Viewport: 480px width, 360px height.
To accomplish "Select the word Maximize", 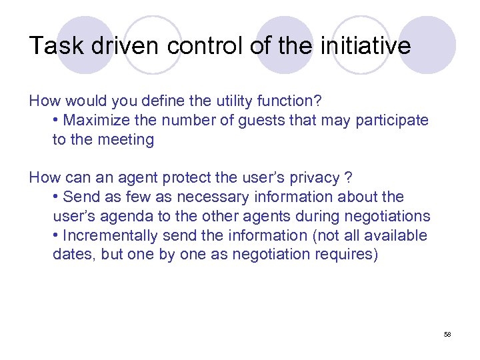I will coord(92,121).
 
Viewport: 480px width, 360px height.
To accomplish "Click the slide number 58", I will coord(447,333).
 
